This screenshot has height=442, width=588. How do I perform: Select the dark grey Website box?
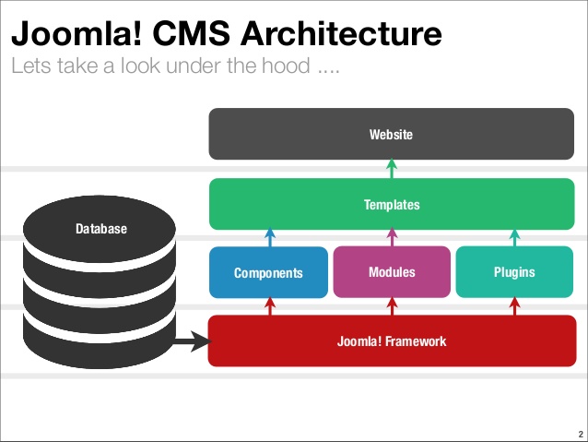click(391, 135)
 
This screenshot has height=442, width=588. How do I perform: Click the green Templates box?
click(391, 204)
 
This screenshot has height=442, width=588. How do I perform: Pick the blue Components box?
click(268, 272)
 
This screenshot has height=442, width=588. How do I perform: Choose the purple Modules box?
click(391, 272)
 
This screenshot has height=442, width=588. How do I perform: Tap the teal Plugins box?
click(513, 272)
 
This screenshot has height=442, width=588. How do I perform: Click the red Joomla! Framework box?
click(391, 340)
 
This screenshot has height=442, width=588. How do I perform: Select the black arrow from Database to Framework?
click(190, 344)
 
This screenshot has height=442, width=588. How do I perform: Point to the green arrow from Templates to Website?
click(391, 169)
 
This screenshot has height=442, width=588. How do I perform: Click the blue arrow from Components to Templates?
click(269, 237)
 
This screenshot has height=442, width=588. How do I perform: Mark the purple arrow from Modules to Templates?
click(391, 237)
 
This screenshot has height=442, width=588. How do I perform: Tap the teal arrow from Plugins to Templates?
click(513, 237)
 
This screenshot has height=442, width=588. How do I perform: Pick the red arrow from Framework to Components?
click(269, 306)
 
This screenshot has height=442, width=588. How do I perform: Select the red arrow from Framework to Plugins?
click(513, 306)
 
